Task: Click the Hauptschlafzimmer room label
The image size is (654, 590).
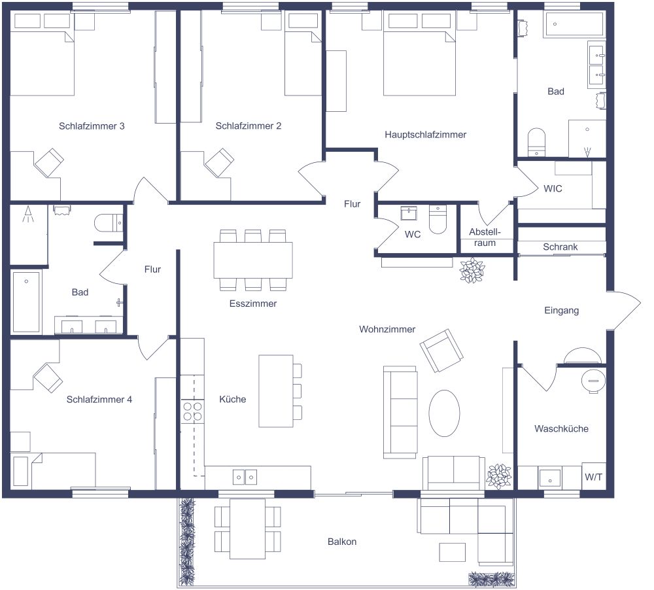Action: coord(425,135)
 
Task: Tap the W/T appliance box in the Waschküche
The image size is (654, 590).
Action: coord(594,477)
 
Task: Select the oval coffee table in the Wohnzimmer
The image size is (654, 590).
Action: coord(444,413)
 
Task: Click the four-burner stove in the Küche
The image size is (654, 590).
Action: coord(192,411)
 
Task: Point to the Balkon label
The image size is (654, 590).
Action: coord(342,542)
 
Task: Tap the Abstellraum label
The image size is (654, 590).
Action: coord(485,237)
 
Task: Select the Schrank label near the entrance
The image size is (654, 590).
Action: coord(560,247)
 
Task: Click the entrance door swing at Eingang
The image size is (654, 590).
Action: coord(626,310)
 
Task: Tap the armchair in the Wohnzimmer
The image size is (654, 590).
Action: coord(441,350)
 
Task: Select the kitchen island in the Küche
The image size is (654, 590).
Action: coord(276,390)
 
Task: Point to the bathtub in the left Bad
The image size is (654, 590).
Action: coord(26,302)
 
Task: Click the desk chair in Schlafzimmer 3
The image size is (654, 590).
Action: coord(48,161)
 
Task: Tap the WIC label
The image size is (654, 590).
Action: coord(553,188)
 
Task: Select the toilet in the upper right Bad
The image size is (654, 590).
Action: coord(536,141)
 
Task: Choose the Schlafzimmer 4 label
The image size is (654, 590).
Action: coord(99,399)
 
